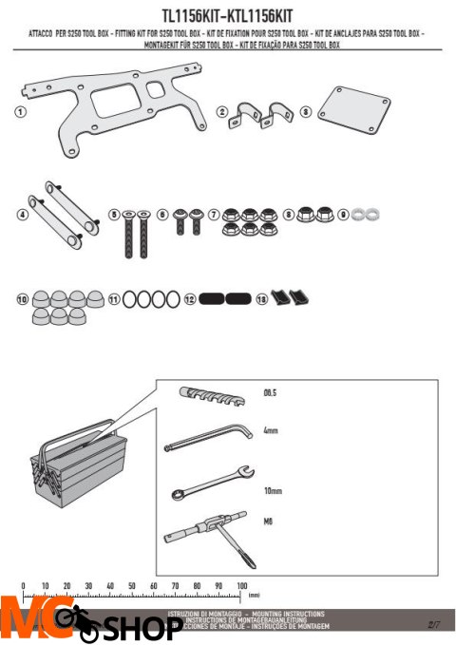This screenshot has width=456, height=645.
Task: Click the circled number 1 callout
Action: [20, 112]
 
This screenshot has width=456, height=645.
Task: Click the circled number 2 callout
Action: [222, 112]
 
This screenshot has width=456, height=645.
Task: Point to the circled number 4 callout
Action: [22, 214]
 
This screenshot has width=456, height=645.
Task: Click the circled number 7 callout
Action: [214, 215]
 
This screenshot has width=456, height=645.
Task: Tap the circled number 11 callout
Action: [114, 298]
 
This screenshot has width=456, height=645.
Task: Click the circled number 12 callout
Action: [190, 298]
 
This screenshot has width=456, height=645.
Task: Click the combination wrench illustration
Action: [209, 484]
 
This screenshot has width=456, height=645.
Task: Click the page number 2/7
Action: [435, 624]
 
